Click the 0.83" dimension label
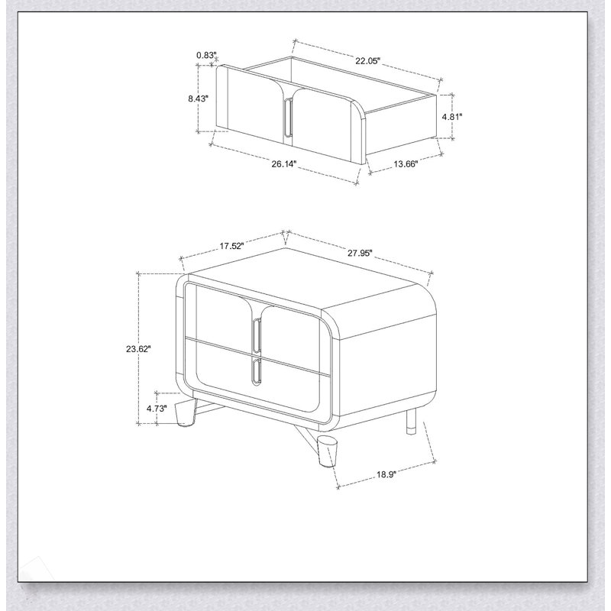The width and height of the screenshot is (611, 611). click(206, 55)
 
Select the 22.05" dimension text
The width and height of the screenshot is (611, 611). click(367, 61)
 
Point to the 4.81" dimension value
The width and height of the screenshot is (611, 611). click(452, 116)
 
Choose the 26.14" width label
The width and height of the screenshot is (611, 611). click(284, 163)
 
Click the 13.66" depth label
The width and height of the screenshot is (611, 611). click(406, 163)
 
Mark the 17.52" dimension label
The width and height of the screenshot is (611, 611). click(231, 246)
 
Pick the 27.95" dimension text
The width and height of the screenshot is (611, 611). click(360, 253)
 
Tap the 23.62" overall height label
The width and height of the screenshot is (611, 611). click(138, 349)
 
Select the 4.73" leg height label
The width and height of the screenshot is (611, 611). click(157, 409)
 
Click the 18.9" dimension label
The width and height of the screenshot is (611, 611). click(386, 474)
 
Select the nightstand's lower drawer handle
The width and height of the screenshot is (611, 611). click(256, 372)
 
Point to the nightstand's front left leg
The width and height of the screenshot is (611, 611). click(185, 412)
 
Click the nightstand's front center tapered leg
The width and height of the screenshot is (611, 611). click(327, 451)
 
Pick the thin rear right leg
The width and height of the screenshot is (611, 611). click(411, 422)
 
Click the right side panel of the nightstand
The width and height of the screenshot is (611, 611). click(386, 367)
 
